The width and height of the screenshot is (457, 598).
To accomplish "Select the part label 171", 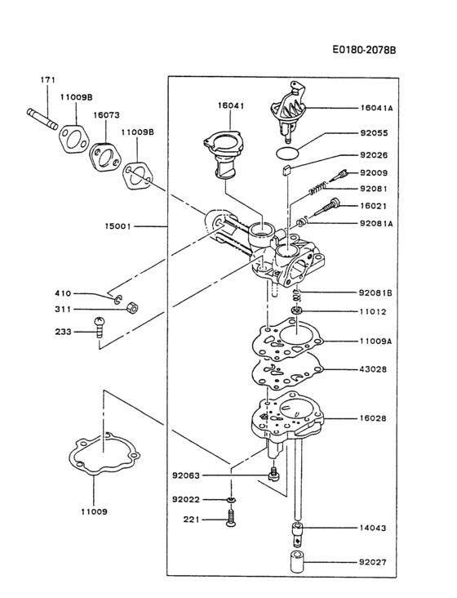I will pos(48,80).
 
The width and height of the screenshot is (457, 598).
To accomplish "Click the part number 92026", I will pos(375,155).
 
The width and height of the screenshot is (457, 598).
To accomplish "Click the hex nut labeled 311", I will pos(136,310).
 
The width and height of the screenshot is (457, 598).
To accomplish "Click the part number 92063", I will pos(187,475).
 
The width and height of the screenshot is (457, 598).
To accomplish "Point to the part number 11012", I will pos(375,311).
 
